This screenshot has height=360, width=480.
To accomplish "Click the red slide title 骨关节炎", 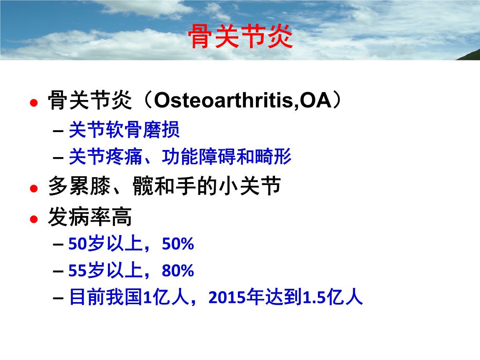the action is (x=240, y=37).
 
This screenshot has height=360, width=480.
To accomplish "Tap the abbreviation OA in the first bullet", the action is (x=315, y=100).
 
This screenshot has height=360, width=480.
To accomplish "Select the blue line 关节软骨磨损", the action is (x=124, y=130).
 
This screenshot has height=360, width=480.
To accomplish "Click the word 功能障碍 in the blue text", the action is (x=199, y=156).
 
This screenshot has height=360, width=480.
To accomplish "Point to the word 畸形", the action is (x=273, y=156).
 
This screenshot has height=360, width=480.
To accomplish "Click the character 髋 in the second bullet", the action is (x=142, y=186).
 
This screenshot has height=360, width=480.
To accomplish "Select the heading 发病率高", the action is (x=90, y=217).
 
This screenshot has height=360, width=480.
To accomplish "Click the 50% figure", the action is (x=178, y=244).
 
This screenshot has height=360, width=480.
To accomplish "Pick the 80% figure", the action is (x=178, y=270).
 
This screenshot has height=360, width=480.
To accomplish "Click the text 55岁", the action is (x=86, y=270).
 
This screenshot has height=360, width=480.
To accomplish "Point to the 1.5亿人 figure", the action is (x=333, y=297).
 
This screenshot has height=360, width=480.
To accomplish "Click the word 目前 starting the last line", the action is (x=87, y=297).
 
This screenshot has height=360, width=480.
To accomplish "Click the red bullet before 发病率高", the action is (x=34, y=219).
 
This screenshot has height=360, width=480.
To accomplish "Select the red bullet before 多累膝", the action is (x=34, y=188).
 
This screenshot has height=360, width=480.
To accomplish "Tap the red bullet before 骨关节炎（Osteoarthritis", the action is (x=34, y=102).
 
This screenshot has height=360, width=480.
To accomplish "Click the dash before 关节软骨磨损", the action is (x=58, y=131).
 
